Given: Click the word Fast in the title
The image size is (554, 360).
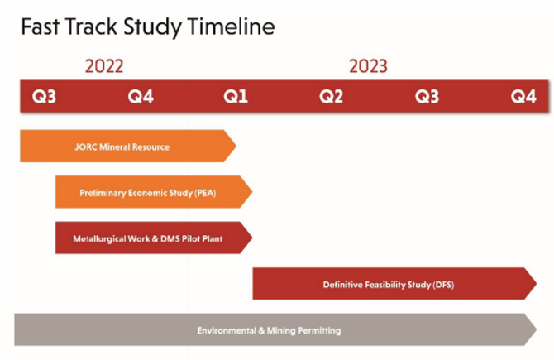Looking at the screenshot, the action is [x=40, y=26].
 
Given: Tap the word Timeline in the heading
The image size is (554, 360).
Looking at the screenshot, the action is [x=231, y=26].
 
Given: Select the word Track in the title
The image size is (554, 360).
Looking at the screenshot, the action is [x=91, y=26].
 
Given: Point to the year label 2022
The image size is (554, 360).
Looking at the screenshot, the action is [x=104, y=66].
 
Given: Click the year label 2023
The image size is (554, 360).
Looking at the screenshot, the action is [x=368, y=66].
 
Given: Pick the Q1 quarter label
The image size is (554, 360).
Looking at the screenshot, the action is [x=236, y=97].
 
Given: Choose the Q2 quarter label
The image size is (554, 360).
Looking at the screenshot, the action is [x=331, y=97].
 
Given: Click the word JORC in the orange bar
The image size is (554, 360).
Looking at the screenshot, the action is [x=86, y=146].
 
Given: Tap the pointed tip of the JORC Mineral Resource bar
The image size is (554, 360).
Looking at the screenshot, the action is [x=236, y=146].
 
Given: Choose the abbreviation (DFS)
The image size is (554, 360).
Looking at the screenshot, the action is [x=443, y=285].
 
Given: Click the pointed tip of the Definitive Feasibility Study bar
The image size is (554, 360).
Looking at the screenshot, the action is [x=537, y=283].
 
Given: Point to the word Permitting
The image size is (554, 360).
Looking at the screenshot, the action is [x=319, y=331].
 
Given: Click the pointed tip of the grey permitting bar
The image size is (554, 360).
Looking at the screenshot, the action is [x=537, y=329].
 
